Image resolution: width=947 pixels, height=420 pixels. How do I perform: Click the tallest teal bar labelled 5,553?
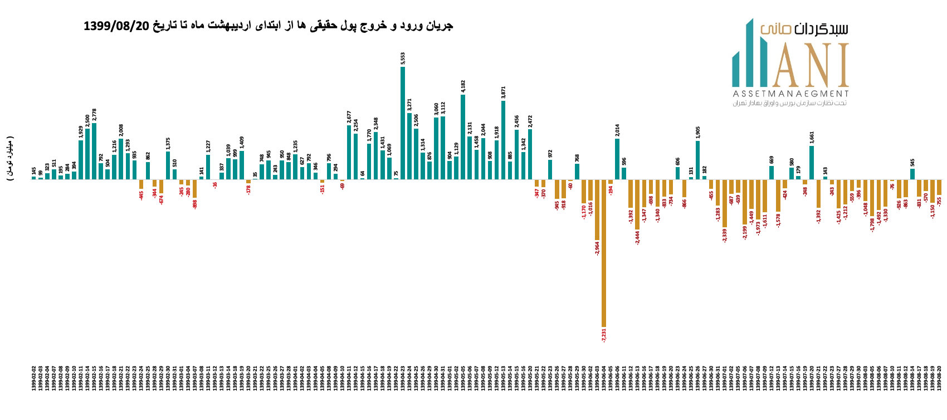coord(403,123)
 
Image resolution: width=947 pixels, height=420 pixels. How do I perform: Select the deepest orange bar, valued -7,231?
coord(604,253)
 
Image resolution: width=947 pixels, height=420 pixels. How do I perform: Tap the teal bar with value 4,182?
coord(463,137)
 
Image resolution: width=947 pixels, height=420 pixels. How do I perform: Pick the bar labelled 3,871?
coord(503,140)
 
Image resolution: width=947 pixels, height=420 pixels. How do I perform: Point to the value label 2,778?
coord(94,115)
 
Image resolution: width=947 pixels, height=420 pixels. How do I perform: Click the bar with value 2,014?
coord(617,159)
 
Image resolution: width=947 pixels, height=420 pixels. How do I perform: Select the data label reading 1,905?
coord(698,132)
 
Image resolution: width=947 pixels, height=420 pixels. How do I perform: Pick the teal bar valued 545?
coord(912,174)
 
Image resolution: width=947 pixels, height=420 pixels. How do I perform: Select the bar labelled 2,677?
coord(349,152)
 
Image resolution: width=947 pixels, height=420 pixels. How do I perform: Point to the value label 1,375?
coord(168,144)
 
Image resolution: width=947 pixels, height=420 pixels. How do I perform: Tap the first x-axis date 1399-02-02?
coord(34,386)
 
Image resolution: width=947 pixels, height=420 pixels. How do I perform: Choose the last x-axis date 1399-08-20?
coord(939,386)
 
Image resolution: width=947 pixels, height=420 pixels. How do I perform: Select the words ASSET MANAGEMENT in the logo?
coord(790,94)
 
